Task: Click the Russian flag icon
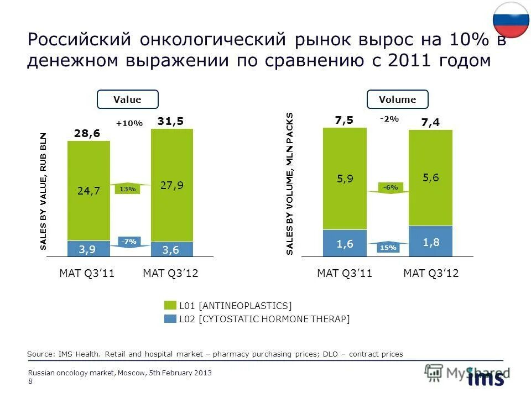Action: tap(511, 19)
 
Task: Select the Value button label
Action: tap(127, 99)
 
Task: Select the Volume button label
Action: tap(397, 99)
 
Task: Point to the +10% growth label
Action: tap(129, 123)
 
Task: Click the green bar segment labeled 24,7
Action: tap(88, 191)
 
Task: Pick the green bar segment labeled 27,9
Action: tap(172, 185)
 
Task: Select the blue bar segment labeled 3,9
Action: tap(88, 249)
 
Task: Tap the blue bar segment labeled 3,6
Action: tap(172, 250)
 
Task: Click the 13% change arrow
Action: tap(128, 189)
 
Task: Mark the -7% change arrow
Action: tap(128, 241)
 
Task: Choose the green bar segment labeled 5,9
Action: tap(345, 178)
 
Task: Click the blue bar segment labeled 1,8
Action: tap(430, 242)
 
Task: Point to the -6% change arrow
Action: tap(391, 187)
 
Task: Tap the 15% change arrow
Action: tap(388, 248)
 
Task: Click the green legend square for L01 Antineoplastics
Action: tap(170, 306)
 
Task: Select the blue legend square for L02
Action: tap(170, 319)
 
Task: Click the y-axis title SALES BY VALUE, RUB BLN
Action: tap(44, 192)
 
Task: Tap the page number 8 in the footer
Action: tap(30, 381)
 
